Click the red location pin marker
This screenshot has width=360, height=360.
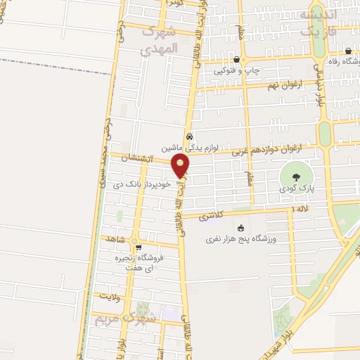(x=181, y=167)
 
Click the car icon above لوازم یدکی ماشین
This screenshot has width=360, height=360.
(x=189, y=137)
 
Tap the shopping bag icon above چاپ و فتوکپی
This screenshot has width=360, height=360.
(x=236, y=59)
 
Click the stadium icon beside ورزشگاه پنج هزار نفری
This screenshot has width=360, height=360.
(x=240, y=227)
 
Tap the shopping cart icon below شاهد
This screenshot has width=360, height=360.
(x=138, y=247)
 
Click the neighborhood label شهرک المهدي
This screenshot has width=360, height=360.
(x=161, y=41)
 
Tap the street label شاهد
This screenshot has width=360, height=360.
(x=114, y=240)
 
